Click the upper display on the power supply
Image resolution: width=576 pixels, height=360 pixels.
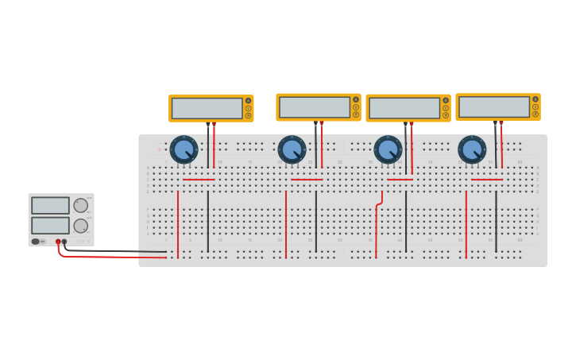50,205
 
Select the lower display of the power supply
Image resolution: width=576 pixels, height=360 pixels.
50,225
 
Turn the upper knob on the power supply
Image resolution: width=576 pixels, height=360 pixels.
81,205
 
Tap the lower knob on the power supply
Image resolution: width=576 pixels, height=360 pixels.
81,225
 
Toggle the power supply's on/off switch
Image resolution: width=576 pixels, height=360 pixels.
36,241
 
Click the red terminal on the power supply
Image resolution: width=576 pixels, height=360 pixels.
58,241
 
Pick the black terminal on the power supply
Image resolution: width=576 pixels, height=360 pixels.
64,241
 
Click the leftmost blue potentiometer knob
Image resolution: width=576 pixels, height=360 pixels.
184,149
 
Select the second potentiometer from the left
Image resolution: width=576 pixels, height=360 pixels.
292,149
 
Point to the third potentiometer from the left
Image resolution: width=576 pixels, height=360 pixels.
388,149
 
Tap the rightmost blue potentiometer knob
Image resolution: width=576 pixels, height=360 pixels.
472,149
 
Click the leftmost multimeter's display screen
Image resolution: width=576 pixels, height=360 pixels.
207,108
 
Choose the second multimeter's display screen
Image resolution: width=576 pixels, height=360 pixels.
315,106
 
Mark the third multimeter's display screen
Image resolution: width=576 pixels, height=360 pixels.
404,107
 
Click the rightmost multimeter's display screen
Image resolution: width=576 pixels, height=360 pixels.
494,106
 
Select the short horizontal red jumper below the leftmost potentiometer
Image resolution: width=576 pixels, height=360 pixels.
199,180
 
